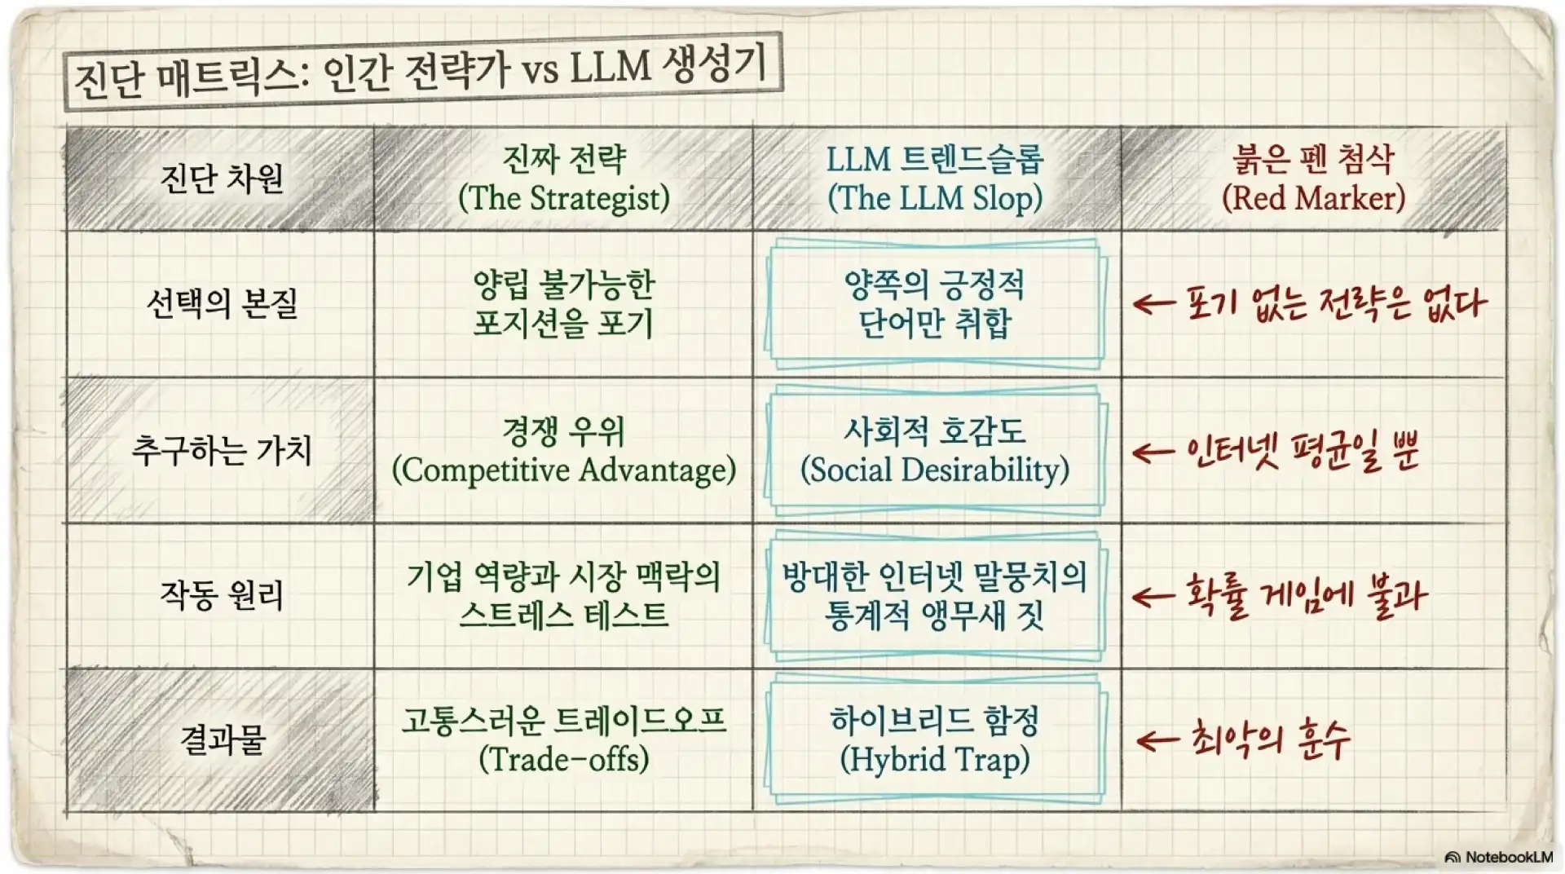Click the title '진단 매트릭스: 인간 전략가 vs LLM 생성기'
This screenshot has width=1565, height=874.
point(421,71)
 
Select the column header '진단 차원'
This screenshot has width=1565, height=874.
point(222,178)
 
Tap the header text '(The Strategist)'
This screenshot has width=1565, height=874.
point(564,198)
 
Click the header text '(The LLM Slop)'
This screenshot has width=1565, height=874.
point(935,198)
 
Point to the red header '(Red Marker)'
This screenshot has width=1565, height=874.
point(1313,198)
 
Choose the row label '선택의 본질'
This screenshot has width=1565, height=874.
point(222,303)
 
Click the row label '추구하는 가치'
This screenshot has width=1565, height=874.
point(222,449)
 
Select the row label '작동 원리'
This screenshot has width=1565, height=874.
point(222,595)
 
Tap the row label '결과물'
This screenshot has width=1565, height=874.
point(222,739)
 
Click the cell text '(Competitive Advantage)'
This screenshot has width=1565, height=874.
point(564,470)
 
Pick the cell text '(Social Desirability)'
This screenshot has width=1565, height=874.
point(935,470)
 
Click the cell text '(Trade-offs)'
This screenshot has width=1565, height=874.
point(564,760)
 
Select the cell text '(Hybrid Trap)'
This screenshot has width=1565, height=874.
point(935,760)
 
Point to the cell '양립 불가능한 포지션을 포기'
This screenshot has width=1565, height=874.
point(564,303)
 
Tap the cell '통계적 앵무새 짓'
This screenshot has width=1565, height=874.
point(935,615)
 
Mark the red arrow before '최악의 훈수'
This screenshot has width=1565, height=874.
point(1157,740)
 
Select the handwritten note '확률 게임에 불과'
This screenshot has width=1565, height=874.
point(1305,596)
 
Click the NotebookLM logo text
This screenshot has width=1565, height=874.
point(1499,857)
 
